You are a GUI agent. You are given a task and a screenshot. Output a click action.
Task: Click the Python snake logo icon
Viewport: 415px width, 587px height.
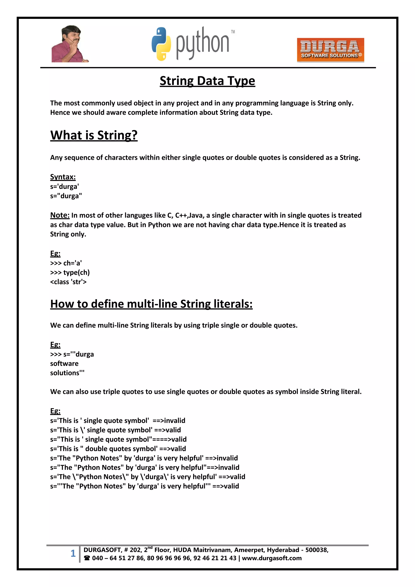pyautogui.click(x=161, y=44)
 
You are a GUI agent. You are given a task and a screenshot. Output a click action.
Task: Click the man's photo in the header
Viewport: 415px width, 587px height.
pyautogui.click(x=70, y=44)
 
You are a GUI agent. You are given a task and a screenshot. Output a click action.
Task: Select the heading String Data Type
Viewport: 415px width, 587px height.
pyautogui.click(x=207, y=81)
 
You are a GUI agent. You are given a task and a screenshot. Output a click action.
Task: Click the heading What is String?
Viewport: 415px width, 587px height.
pyautogui.click(x=94, y=135)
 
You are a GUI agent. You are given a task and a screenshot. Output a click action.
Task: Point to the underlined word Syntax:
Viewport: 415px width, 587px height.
pyautogui.click(x=63, y=177)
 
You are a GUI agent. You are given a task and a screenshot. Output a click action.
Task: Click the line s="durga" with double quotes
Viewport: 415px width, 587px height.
pyautogui.click(x=66, y=196)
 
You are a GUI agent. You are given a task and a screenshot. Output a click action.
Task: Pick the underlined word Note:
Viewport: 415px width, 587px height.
pyautogui.click(x=60, y=215)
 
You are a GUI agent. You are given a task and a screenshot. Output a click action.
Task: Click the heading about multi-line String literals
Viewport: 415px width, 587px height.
pyautogui.click(x=151, y=304)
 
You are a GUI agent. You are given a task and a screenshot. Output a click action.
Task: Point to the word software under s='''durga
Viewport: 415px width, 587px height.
pyautogui.click(x=64, y=364)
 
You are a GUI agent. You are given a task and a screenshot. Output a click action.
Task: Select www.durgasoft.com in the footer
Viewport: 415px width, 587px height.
pyautogui.click(x=272, y=558)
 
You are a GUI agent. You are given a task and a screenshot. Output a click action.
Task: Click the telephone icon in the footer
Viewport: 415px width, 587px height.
pyautogui.click(x=87, y=558)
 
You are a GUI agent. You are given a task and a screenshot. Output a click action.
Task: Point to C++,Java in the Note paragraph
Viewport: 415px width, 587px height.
pyautogui.click(x=189, y=216)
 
